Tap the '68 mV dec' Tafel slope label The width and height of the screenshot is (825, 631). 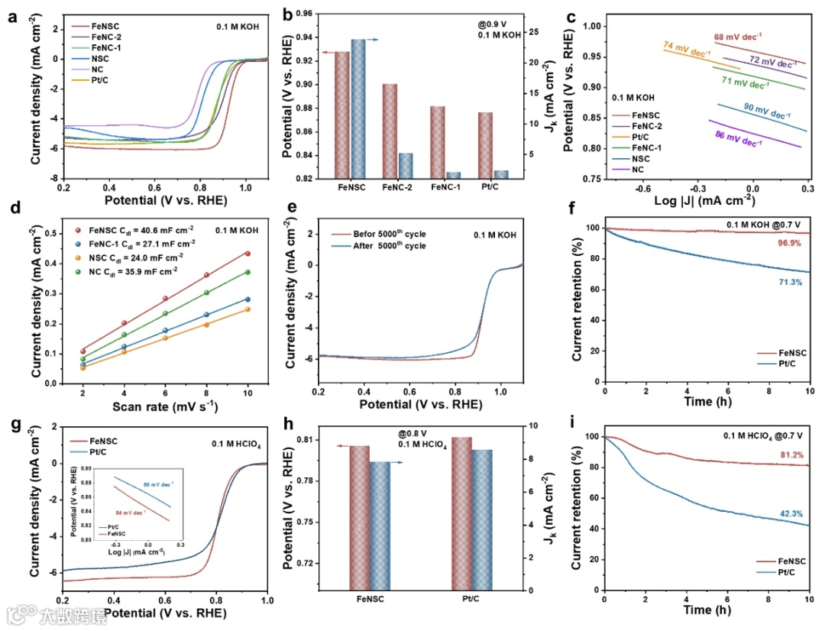(x=739, y=37)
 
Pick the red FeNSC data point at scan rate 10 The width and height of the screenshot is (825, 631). (x=247, y=253)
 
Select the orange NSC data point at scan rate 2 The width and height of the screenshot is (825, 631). (x=83, y=367)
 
